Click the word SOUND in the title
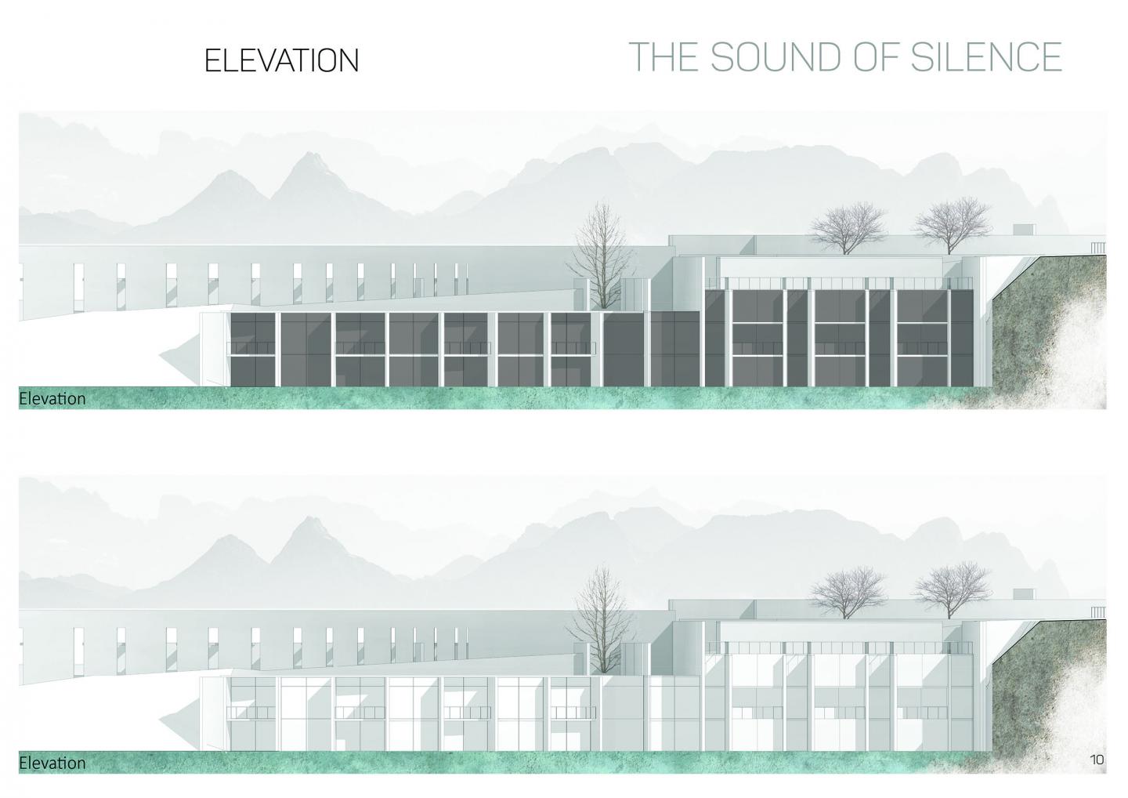[x=776, y=57]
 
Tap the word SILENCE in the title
[x=986, y=57]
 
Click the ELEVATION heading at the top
[x=281, y=61]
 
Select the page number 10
[x=1097, y=774]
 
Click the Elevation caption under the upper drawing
[x=52, y=399]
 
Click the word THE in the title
[x=663, y=57]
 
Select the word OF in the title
[x=876, y=57]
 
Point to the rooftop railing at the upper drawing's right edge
[x=1098, y=248]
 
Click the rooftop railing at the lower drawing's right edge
[x=1098, y=612]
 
